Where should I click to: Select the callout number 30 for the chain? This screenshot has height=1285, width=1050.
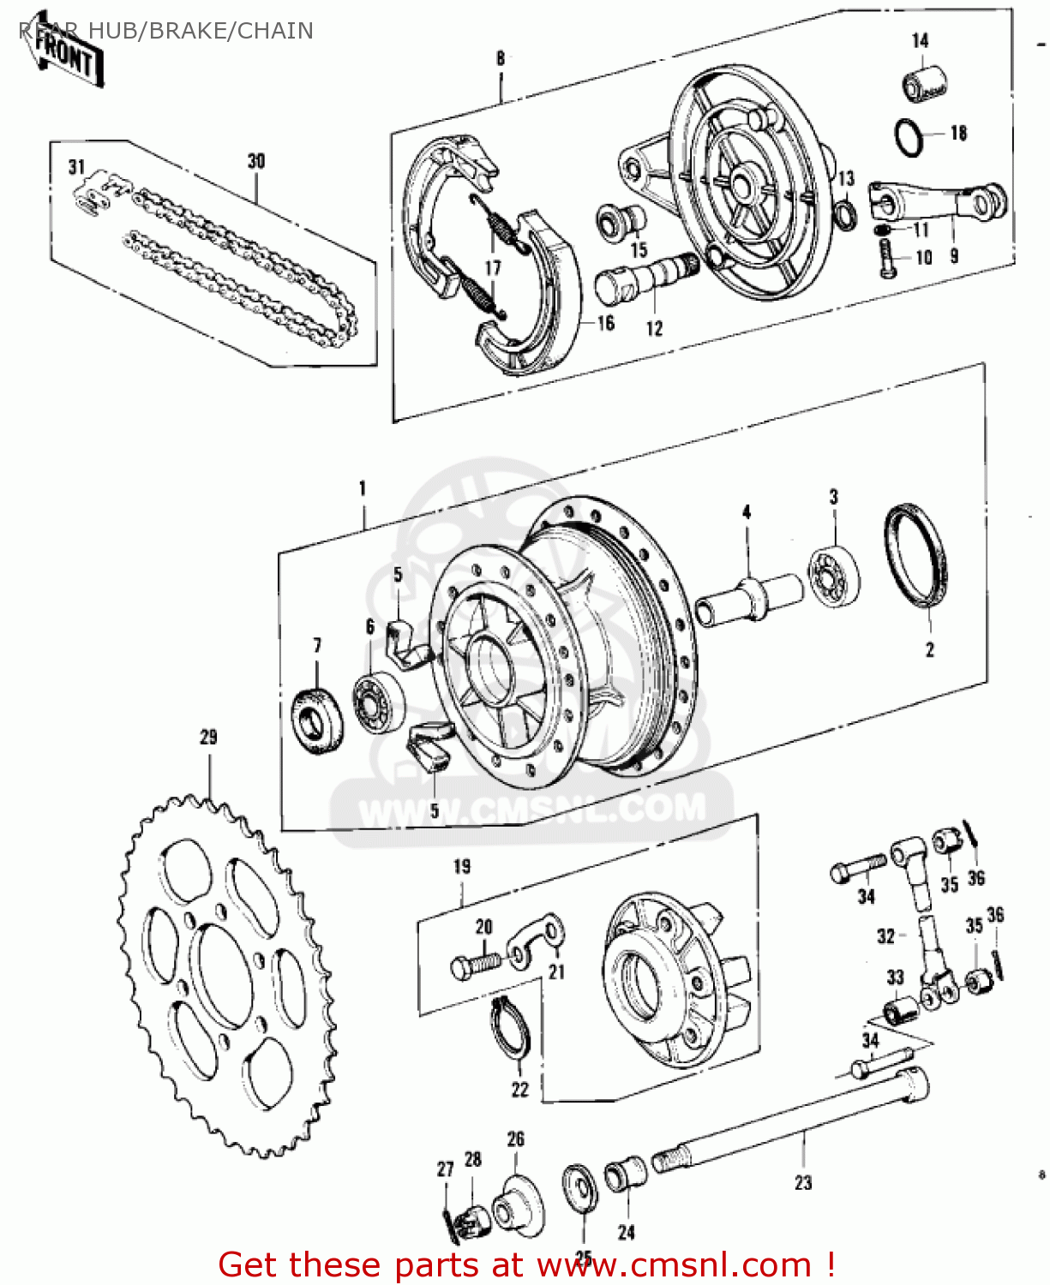pyautogui.click(x=256, y=161)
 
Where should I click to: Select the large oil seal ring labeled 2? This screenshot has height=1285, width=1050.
pyautogui.click(x=916, y=556)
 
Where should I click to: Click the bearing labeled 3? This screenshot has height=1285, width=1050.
pyautogui.click(x=833, y=575)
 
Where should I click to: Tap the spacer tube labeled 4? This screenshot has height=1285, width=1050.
pyautogui.click(x=748, y=597)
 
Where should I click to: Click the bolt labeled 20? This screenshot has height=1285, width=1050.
pyautogui.click(x=474, y=965)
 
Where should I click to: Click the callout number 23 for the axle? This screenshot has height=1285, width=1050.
pyautogui.click(x=802, y=1182)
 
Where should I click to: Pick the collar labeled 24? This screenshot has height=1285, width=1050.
pyautogui.click(x=625, y=1174)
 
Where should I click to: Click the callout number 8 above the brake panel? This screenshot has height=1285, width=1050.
pyautogui.click(x=501, y=58)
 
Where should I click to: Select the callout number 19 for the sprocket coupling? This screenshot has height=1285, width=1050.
pyautogui.click(x=462, y=866)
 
